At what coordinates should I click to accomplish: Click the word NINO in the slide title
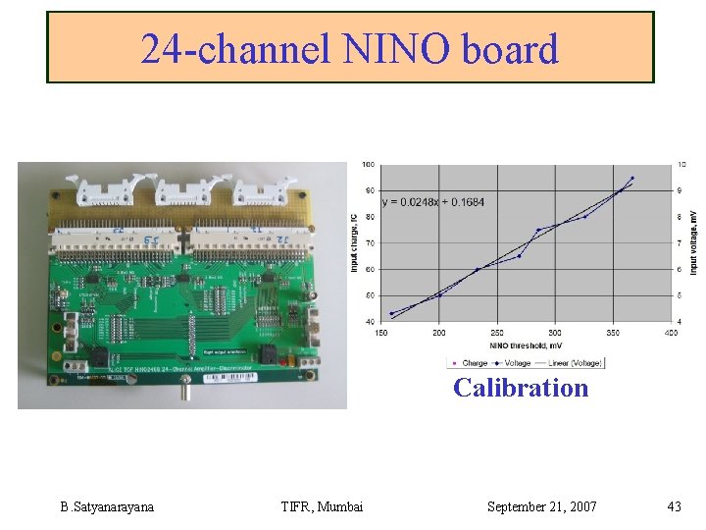[x=394, y=48]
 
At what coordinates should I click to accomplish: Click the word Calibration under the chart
[x=521, y=388]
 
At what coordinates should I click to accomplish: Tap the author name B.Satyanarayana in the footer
[x=107, y=506]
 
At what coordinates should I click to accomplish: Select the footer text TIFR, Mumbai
[x=322, y=506]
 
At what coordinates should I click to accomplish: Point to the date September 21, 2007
[x=541, y=506]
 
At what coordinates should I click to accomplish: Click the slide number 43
[x=673, y=506]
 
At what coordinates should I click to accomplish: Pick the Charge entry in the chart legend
[x=472, y=363]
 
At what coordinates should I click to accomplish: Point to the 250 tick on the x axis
[x=497, y=333]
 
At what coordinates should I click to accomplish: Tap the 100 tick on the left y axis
[x=368, y=164]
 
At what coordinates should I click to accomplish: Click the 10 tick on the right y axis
[x=682, y=164]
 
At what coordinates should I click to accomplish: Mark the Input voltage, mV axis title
[x=694, y=242]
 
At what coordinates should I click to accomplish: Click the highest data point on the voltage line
[x=632, y=178]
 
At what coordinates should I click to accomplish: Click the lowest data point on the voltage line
[x=392, y=314]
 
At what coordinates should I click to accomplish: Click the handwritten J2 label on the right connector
[x=277, y=237]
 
